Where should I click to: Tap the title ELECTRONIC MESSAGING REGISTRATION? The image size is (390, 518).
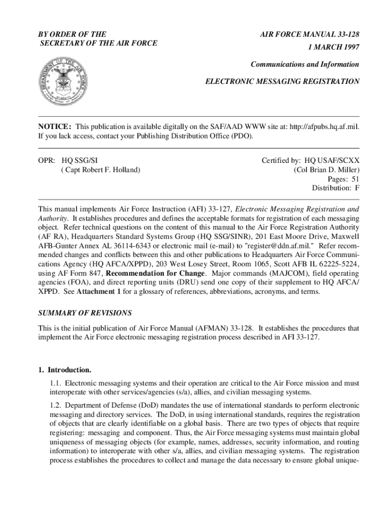click(x=282, y=81)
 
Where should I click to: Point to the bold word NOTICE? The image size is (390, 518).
click(x=55, y=126)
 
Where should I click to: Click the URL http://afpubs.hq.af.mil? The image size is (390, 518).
click(x=324, y=126)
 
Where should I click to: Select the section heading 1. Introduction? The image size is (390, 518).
click(x=65, y=369)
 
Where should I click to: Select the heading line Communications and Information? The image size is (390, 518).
click(x=305, y=64)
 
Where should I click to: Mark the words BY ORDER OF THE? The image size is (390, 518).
click(x=72, y=34)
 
